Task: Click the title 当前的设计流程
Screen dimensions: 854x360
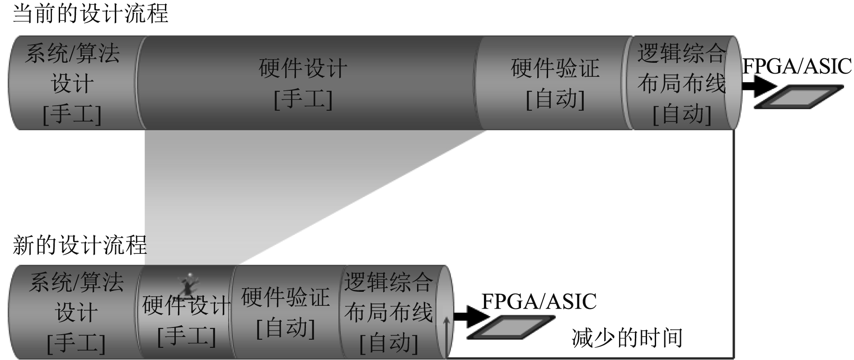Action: (x=90, y=14)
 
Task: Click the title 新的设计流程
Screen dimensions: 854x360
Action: (x=80, y=245)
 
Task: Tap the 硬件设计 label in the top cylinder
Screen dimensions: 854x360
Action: (x=303, y=69)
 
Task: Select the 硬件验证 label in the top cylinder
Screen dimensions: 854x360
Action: (x=555, y=69)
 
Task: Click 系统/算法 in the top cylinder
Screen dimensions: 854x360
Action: (x=72, y=53)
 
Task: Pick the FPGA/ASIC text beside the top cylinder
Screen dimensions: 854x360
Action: (x=797, y=66)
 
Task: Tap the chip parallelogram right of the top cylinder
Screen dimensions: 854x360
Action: (x=799, y=97)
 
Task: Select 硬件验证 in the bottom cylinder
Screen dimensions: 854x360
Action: (x=286, y=298)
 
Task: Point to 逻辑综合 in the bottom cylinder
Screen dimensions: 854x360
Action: (x=389, y=283)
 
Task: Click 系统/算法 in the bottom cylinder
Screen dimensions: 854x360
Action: (x=76, y=283)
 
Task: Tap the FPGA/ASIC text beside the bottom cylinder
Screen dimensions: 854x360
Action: (x=539, y=301)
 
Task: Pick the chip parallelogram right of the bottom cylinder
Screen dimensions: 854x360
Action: (x=511, y=327)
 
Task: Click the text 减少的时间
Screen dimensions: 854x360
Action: (x=627, y=337)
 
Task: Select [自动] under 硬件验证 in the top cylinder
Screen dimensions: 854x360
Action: (x=555, y=98)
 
